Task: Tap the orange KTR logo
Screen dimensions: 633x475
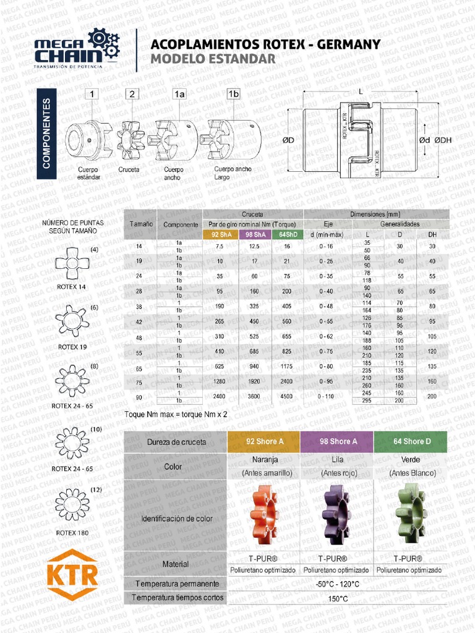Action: [73, 574]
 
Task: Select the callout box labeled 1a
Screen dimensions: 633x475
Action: [179, 94]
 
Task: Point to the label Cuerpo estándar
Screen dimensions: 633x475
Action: [88, 173]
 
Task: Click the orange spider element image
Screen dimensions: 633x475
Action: [263, 514]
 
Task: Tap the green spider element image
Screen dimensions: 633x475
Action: [409, 512]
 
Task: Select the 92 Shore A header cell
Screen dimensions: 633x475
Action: [264, 442]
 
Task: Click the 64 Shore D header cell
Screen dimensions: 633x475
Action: [410, 442]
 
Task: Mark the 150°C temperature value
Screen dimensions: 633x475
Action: [337, 599]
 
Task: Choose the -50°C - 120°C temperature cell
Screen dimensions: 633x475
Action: [337, 584]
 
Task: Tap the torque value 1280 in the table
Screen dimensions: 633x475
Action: [220, 381]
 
